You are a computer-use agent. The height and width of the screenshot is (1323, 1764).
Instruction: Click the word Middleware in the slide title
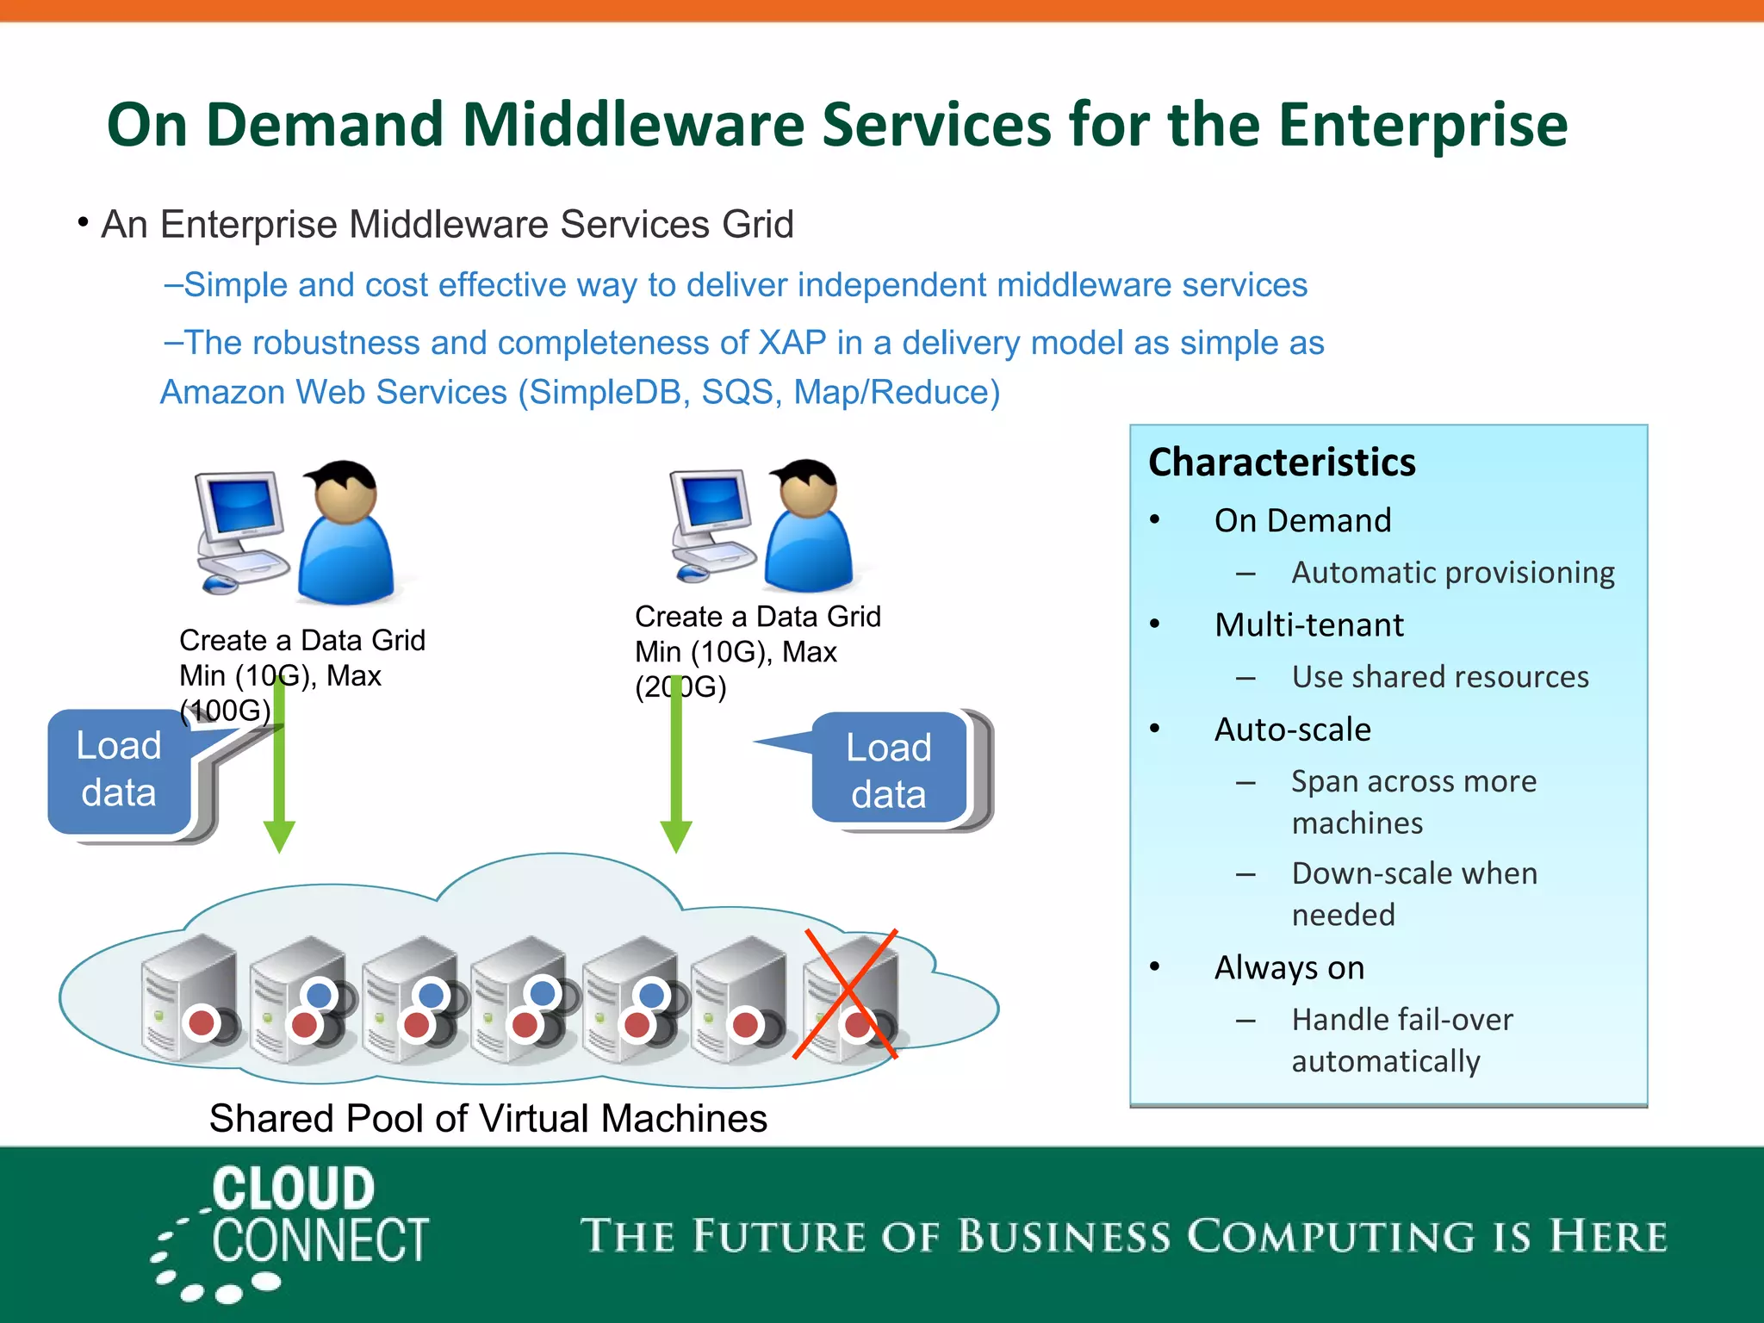[x=634, y=126]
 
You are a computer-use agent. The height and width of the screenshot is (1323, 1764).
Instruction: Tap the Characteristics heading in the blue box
[x=1282, y=463]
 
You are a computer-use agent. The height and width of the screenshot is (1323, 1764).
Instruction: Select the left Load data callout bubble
[x=119, y=770]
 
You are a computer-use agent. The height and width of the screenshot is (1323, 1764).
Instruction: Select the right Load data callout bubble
[x=889, y=770]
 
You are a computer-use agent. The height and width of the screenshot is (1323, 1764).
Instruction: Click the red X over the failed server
[x=846, y=994]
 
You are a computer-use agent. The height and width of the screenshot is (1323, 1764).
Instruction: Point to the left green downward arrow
[x=279, y=775]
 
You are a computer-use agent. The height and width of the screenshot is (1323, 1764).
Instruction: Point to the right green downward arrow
[x=676, y=775]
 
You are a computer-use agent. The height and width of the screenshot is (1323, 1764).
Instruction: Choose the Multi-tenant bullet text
[x=1309, y=625]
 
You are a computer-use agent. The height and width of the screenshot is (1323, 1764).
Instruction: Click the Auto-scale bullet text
[x=1292, y=730]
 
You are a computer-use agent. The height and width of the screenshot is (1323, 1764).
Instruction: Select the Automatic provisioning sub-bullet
[x=1452, y=573]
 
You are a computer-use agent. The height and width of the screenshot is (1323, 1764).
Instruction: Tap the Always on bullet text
[x=1289, y=968]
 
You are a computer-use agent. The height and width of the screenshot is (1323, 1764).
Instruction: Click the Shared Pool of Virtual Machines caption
[x=488, y=1119]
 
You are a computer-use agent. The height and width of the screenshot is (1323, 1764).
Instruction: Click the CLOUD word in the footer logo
[x=294, y=1189]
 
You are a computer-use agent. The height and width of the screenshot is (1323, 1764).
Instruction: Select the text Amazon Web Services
[x=333, y=393]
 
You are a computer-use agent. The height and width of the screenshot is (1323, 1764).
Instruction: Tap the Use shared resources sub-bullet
[x=1440, y=677]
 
